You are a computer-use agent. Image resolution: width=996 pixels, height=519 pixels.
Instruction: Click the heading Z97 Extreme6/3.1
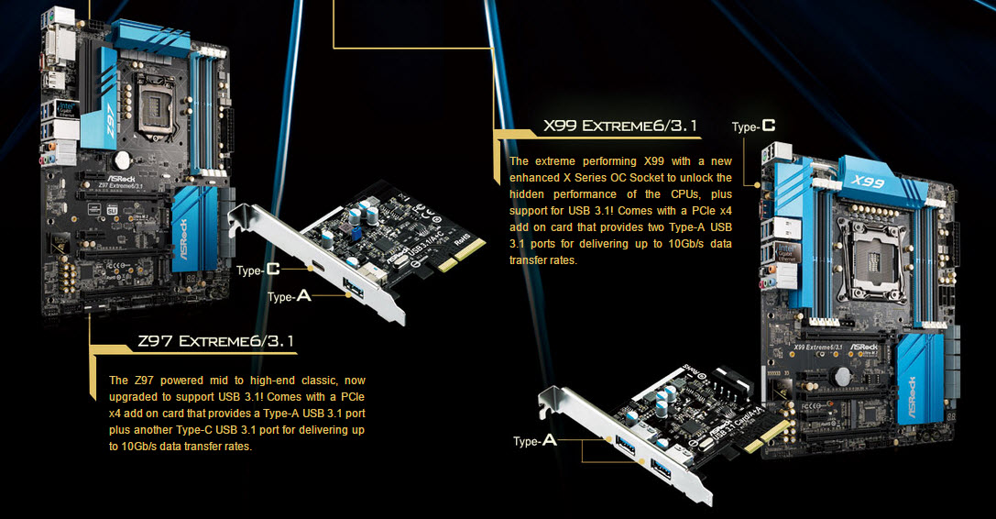215,342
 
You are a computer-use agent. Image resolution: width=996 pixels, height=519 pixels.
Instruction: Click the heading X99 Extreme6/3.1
620,126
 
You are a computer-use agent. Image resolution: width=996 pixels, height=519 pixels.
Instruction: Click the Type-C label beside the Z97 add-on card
257,271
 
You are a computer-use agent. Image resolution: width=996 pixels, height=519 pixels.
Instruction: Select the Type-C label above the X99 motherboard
753,127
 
